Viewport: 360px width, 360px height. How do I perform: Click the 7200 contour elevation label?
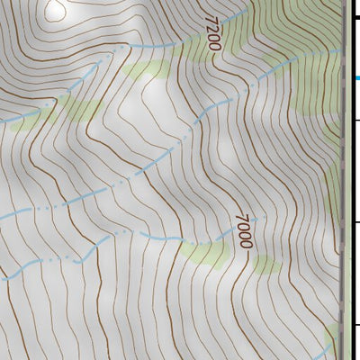[212, 33]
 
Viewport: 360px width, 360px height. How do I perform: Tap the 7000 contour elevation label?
[244, 230]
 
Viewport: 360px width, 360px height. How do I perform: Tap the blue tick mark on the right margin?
[356, 78]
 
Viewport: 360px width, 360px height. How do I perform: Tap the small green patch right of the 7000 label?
[264, 264]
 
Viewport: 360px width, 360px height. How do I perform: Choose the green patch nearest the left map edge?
[27, 117]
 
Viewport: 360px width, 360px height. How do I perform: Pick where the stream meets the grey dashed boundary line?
[342, 50]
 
